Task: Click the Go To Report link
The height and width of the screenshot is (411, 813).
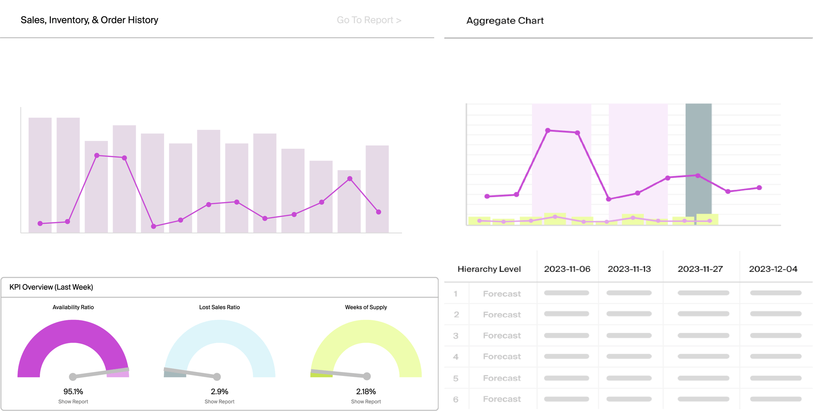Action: coord(369,20)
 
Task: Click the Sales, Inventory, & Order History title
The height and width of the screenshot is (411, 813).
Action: coord(89,20)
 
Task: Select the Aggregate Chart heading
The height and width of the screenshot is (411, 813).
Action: coord(504,21)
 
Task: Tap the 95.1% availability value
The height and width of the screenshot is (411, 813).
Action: coord(73,391)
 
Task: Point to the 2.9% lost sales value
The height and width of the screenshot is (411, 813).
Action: coord(220,391)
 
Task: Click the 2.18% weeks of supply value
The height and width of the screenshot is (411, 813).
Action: coord(366,391)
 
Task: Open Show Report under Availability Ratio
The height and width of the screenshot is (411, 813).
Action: coord(73,402)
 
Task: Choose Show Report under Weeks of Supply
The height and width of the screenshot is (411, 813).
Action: coord(366,402)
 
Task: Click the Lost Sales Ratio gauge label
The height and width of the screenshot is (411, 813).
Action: coord(220,307)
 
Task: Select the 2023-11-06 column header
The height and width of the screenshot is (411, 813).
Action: coord(567,269)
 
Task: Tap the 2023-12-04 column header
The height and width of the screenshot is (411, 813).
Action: coord(773,269)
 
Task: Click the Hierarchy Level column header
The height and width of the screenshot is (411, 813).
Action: coord(489,269)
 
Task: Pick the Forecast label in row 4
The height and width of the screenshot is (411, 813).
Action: coord(502,356)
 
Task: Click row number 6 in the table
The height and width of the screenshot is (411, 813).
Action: coord(456,399)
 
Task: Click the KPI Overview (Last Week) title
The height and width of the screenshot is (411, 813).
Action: coord(51,287)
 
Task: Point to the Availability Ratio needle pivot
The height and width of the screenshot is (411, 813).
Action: coord(73,377)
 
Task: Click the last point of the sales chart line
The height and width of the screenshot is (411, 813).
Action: coord(378,212)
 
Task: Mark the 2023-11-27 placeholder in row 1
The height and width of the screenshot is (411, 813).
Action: coord(703,293)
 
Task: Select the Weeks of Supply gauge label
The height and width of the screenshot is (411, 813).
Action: coord(366,307)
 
